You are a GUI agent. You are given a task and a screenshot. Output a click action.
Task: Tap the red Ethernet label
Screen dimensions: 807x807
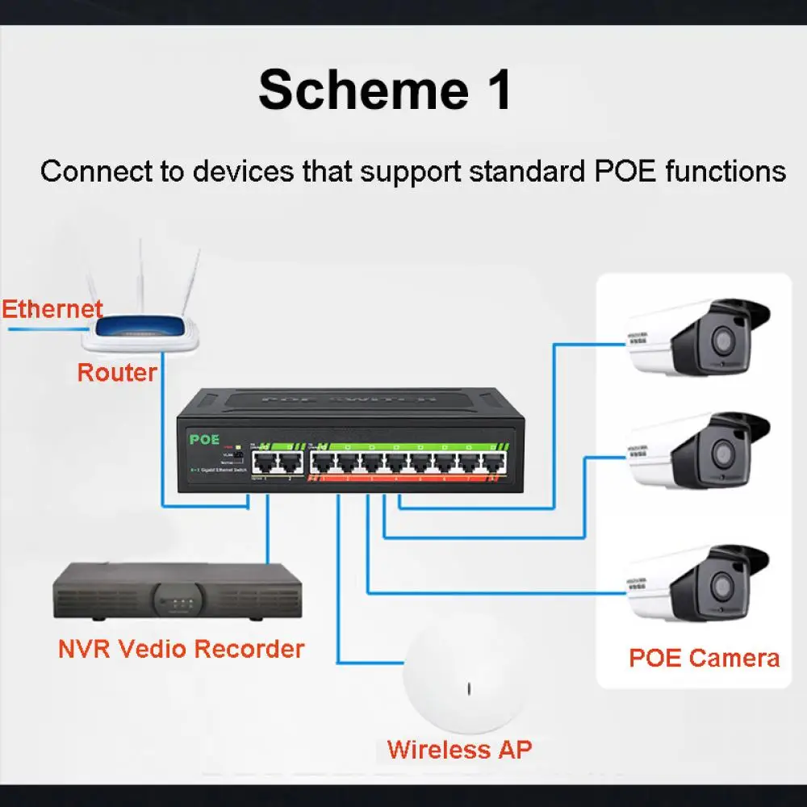click(x=52, y=309)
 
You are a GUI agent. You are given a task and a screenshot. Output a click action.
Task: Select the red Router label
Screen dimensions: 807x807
click(x=117, y=373)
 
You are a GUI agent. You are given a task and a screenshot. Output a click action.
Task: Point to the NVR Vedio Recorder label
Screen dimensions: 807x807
click(x=182, y=649)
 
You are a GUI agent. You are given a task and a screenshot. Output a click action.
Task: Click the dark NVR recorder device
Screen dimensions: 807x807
click(x=178, y=592)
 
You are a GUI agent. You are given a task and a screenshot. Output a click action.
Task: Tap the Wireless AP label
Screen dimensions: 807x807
click(x=459, y=749)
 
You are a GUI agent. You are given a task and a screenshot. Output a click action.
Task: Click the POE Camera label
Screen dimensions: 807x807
click(x=704, y=658)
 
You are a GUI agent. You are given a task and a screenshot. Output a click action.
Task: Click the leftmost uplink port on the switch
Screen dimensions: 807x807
click(x=265, y=462)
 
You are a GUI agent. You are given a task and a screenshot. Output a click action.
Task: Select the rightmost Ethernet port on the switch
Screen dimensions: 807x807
click(x=492, y=463)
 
